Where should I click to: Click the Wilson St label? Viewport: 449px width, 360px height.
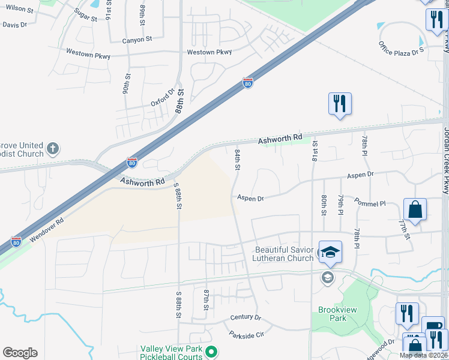(20, 9)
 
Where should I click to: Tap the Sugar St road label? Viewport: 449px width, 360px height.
(86, 15)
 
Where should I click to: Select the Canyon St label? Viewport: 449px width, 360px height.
(137, 40)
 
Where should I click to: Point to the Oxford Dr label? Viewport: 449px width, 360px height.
(162, 97)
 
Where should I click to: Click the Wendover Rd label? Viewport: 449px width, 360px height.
(46, 230)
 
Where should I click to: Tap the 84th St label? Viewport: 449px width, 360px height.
(238, 160)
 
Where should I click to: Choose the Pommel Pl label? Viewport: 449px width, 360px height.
(370, 203)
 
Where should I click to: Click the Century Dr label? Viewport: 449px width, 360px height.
(246, 317)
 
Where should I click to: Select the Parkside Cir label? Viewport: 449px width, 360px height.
(247, 334)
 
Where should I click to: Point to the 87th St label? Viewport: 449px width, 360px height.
(206, 299)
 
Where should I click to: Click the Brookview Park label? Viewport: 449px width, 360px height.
(332, 314)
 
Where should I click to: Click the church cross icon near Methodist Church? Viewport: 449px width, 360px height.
(53, 148)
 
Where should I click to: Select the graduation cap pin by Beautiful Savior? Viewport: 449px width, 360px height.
(330, 252)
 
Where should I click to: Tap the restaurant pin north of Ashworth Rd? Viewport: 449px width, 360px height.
(340, 104)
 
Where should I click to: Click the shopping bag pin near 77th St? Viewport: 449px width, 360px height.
(415, 210)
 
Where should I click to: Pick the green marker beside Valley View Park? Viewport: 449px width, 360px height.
(210, 352)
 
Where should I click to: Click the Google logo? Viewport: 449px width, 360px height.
(20, 353)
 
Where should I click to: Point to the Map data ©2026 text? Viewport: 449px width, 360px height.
(423, 355)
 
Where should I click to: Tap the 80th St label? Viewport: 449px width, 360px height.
(324, 205)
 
